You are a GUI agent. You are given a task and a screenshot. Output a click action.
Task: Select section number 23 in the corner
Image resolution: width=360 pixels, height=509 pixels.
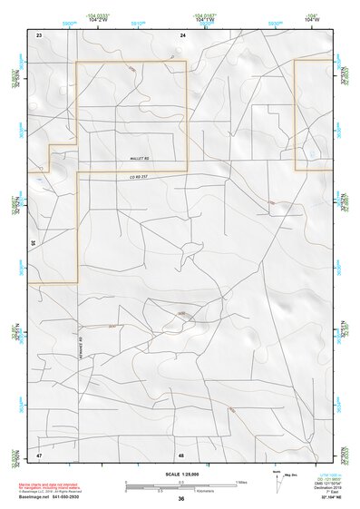(x=39, y=34)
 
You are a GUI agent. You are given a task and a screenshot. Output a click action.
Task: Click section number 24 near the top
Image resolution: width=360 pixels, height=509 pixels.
(x=182, y=34)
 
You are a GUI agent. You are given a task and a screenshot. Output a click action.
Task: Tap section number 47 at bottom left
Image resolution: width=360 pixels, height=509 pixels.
(x=39, y=454)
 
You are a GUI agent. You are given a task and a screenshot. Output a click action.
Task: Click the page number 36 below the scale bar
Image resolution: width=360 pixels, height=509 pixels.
(x=181, y=498)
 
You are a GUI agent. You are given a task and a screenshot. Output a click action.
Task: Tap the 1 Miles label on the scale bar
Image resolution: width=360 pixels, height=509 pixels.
(x=240, y=480)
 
